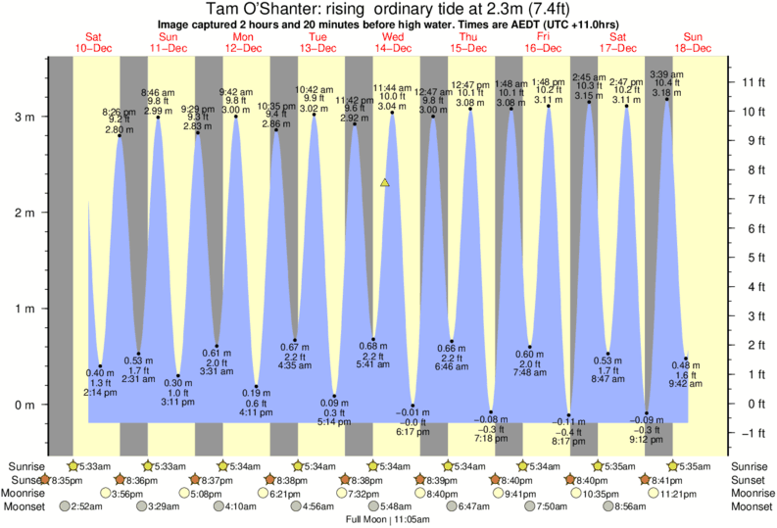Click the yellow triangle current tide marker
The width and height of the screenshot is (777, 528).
pos(385,182)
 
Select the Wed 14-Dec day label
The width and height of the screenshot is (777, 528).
pos(391,42)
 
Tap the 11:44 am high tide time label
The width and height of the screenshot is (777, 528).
pos(392,87)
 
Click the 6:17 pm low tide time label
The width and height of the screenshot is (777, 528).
pos(413,432)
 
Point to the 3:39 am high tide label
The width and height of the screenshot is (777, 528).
pos(667,74)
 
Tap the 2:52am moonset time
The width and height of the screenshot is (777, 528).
pos(86,506)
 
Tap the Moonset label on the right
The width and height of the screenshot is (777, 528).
pos(752,506)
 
